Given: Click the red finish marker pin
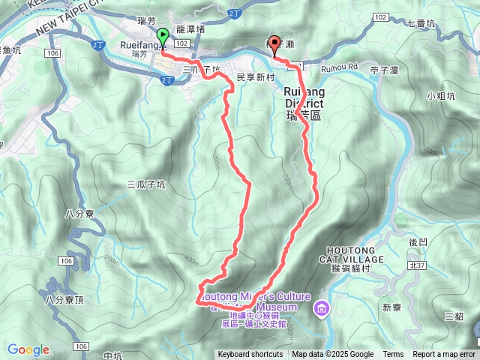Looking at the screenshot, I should pos(274,44).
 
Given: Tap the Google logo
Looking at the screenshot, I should pos(28,349).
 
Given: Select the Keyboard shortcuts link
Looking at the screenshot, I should pos(250,355).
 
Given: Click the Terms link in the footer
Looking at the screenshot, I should pos(393,355).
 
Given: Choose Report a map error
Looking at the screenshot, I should pos(444,355).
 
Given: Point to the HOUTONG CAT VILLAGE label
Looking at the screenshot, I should pos(355,254).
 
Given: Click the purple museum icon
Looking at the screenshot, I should pos(322,307).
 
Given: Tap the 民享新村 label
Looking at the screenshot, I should pos(252,76).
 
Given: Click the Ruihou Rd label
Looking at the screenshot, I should pos(340,67).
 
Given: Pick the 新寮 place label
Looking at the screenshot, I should pos(391,307).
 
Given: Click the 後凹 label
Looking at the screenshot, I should pos(418,242).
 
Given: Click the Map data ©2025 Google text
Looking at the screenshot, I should pos(332,355).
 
